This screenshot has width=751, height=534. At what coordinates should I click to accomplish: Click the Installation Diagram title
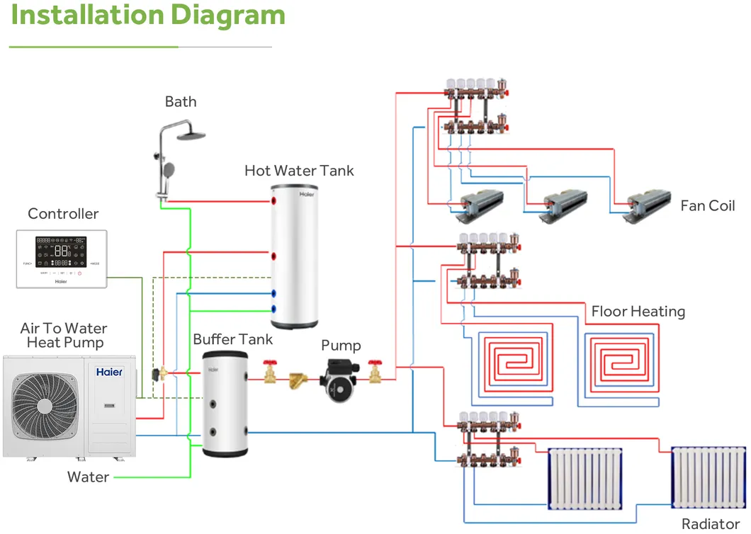coord(147,16)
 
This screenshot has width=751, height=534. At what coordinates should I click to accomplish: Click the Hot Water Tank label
coord(299,171)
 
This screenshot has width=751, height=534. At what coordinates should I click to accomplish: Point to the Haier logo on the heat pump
coord(109,372)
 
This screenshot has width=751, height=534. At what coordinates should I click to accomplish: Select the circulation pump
coord(341,380)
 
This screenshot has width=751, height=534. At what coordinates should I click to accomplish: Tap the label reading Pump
coord(341,346)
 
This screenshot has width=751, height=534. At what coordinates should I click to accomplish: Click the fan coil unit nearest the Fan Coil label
coord(646,205)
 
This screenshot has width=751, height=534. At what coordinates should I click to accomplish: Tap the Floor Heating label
coord(638,312)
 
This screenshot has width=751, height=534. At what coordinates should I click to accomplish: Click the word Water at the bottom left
coord(88,477)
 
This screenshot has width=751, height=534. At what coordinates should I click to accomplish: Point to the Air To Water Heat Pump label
coord(64,336)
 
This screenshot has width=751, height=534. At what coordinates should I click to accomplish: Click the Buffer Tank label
coord(232,339)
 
